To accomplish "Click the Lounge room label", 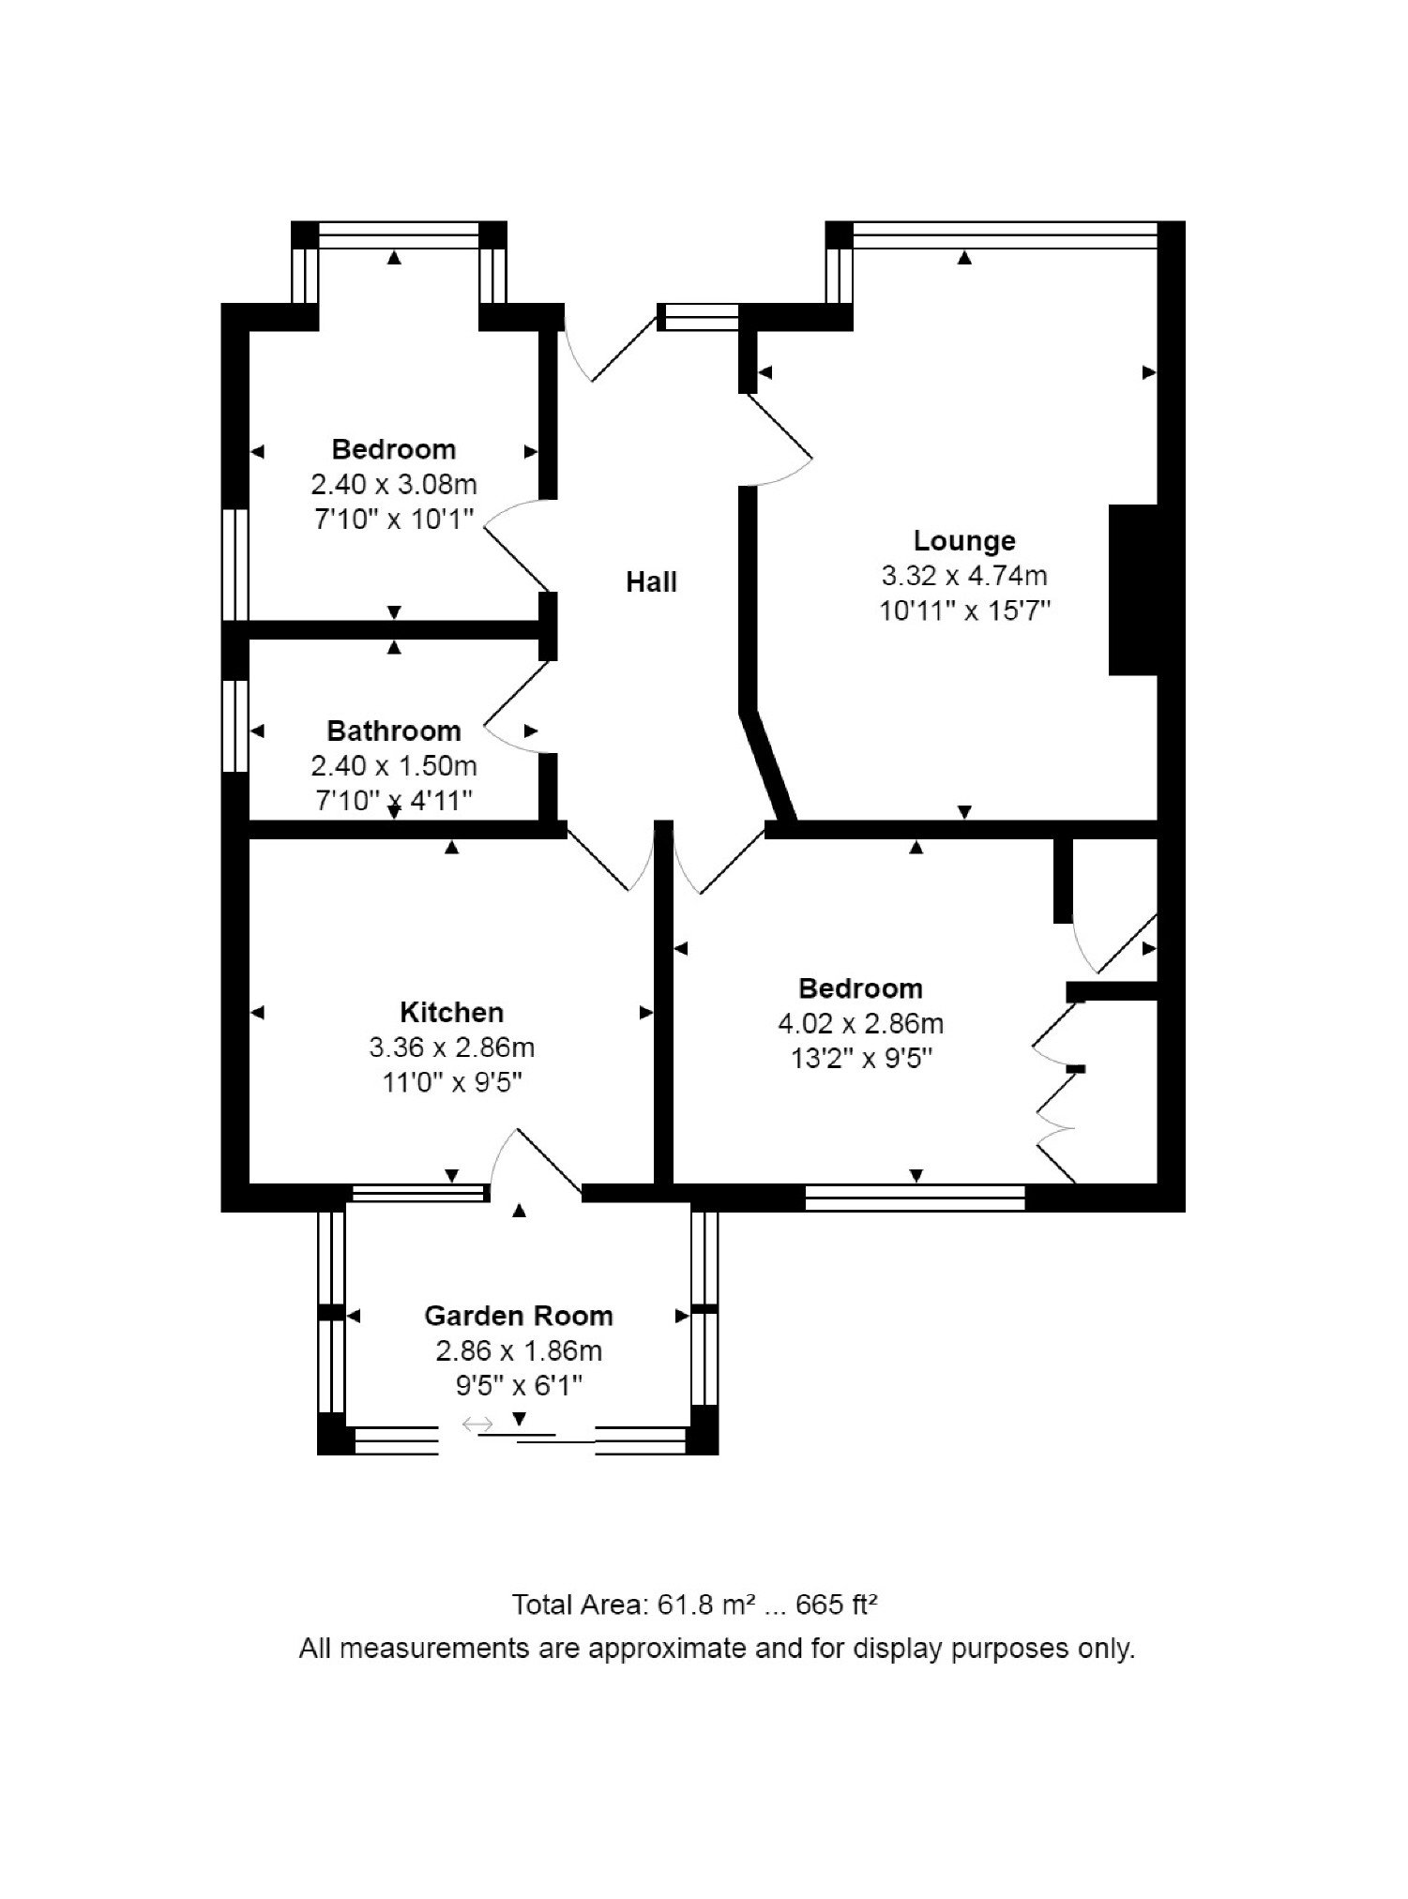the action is pyautogui.click(x=963, y=541).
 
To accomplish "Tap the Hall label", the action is pyautogui.click(x=651, y=582).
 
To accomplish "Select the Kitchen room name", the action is pyautogui.click(x=451, y=1013).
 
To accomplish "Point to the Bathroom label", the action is pyautogui.click(x=394, y=731).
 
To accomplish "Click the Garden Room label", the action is pyautogui.click(x=519, y=1317).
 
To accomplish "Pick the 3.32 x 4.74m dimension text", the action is pyautogui.click(x=964, y=576).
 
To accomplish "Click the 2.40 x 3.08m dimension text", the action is pyautogui.click(x=394, y=485).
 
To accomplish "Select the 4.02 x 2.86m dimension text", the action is pyautogui.click(x=860, y=1024).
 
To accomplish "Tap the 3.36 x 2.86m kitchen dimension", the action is pyautogui.click(x=451, y=1047).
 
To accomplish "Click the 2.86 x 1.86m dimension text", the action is pyautogui.click(x=519, y=1351).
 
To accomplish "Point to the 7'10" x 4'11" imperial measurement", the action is pyautogui.click(x=394, y=801).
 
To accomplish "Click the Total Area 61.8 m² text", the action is pyautogui.click(x=634, y=1605).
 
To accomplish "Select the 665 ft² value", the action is pyautogui.click(x=837, y=1605).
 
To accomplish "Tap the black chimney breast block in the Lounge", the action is pyautogui.click(x=1133, y=590).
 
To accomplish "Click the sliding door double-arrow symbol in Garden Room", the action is pyautogui.click(x=477, y=1425).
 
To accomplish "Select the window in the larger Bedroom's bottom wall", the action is pyautogui.click(x=915, y=1198).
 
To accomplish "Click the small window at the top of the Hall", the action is pyautogui.click(x=698, y=317).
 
